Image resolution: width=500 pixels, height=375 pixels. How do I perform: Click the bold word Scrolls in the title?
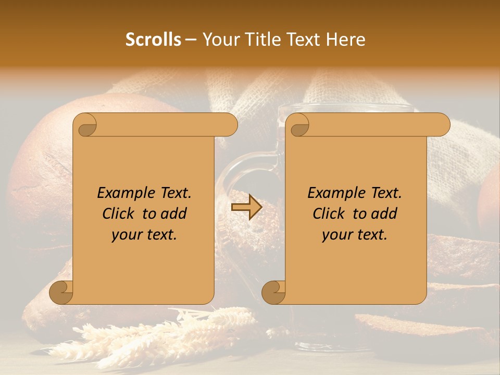[x=153, y=40]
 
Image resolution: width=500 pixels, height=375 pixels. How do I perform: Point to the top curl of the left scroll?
[x=85, y=125]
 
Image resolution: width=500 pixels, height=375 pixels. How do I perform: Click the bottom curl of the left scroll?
[x=61, y=292]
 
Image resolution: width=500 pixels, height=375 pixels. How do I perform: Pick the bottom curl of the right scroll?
[x=274, y=292]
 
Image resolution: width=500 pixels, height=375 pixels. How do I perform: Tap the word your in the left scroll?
[x=127, y=234]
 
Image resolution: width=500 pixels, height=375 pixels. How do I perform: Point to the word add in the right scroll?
[x=384, y=214]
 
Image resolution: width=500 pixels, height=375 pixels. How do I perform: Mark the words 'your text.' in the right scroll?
[x=355, y=234]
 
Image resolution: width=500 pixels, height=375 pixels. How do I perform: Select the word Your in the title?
[x=219, y=40]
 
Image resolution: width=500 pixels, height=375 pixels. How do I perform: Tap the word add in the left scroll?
[x=173, y=214]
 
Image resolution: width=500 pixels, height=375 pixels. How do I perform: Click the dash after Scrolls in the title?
[x=191, y=40]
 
